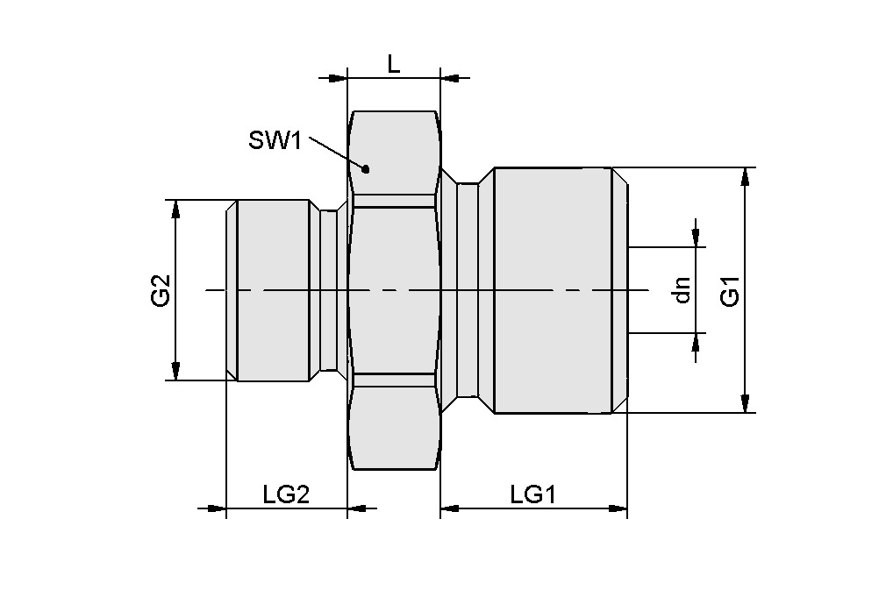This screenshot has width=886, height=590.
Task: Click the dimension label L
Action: click(394, 64)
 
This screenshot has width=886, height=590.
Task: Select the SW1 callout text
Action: click(275, 140)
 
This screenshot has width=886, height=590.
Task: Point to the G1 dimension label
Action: click(730, 291)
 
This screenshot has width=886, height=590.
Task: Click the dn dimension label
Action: click(682, 290)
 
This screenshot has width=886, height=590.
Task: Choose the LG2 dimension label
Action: click(286, 495)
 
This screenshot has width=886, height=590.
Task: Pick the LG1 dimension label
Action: click(533, 495)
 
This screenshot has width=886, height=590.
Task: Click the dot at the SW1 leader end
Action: click(368, 168)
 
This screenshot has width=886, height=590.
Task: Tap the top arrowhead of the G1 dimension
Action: click(745, 176)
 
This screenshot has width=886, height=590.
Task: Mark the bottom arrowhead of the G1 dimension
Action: click(745, 402)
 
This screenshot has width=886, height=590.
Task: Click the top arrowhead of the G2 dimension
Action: click(175, 210)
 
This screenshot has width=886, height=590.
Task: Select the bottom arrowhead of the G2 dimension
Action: click(175, 371)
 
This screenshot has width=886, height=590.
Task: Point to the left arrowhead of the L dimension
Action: click(338, 79)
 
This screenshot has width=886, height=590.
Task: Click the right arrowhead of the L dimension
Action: click(449, 79)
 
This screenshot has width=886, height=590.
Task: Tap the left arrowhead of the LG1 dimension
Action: click(450, 508)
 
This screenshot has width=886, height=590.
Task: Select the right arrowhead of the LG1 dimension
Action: click(618, 508)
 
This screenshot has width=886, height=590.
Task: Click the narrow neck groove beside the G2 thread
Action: click(329, 291)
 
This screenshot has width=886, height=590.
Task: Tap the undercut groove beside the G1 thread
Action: click(468, 291)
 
